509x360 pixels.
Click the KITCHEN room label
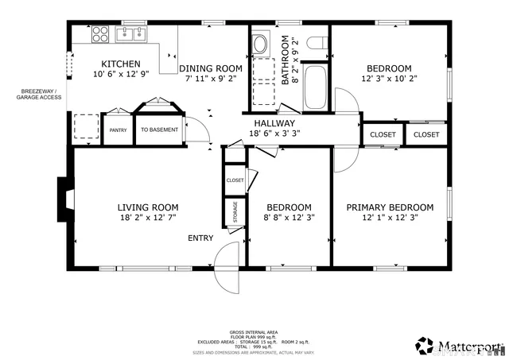121,64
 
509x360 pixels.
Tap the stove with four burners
100,34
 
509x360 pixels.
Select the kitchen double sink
131,33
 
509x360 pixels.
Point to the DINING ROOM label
210,68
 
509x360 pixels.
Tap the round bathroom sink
261,45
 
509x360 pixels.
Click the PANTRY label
118,130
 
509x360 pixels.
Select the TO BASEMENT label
160,130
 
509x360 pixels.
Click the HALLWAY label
274,123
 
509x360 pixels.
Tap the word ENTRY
200,238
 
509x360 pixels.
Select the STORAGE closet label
235,212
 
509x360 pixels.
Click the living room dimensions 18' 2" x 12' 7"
146,218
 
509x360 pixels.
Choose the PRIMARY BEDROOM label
390,207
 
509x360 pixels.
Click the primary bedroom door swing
344,159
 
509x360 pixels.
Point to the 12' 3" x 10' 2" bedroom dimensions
390,79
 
